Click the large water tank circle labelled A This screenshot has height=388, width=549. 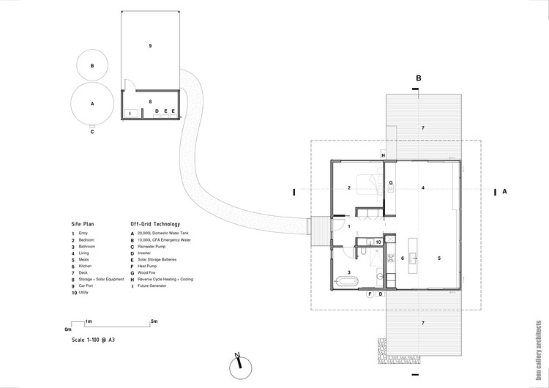point(92,104)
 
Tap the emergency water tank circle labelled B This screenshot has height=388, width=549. point(92,66)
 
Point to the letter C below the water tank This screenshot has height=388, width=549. point(92,133)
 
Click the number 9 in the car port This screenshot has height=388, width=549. point(150,46)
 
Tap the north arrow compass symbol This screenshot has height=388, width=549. point(239,365)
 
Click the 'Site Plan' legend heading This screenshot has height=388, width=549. point(83,224)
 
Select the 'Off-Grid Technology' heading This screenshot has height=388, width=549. point(154,224)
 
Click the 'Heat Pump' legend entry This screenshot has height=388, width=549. point(148,266)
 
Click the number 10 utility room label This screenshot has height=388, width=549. point(378,241)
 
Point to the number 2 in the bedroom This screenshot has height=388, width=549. point(350,188)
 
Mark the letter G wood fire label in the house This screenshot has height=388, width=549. point(391,182)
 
